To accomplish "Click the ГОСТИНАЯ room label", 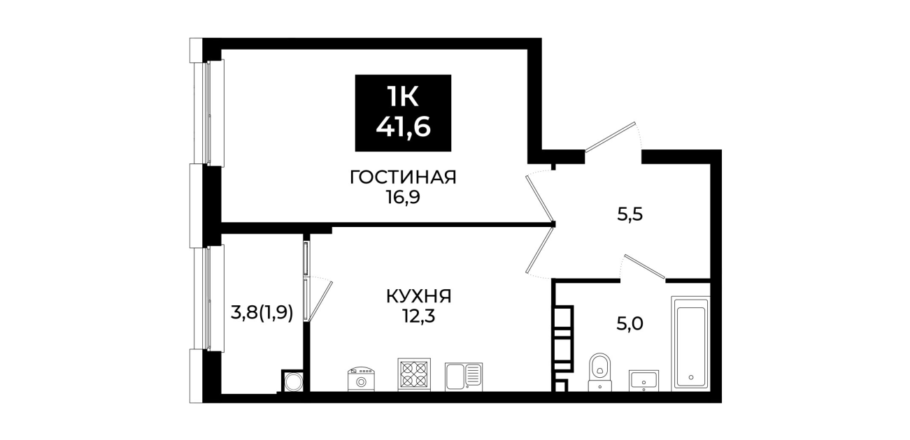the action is (403, 177).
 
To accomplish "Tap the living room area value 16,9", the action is (403, 198).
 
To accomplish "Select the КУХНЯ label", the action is (418, 296).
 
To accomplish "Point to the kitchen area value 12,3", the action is (418, 316).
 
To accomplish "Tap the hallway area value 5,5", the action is (630, 214).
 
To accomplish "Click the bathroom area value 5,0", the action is (630, 324).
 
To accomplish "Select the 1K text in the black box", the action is (403, 98).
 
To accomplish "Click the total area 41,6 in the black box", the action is (403, 128).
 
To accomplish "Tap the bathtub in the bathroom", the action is (690, 344).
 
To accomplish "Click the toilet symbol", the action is (600, 372).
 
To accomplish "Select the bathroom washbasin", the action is (644, 381).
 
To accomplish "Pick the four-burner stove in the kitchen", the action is (414, 375).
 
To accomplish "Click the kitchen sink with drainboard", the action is (464, 377).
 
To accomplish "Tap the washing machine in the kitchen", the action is (361, 379).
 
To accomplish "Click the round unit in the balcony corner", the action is (292, 381).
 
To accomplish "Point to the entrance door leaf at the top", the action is (610, 136).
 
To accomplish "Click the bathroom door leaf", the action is (645, 267).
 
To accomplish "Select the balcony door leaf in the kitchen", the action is (320, 302).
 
